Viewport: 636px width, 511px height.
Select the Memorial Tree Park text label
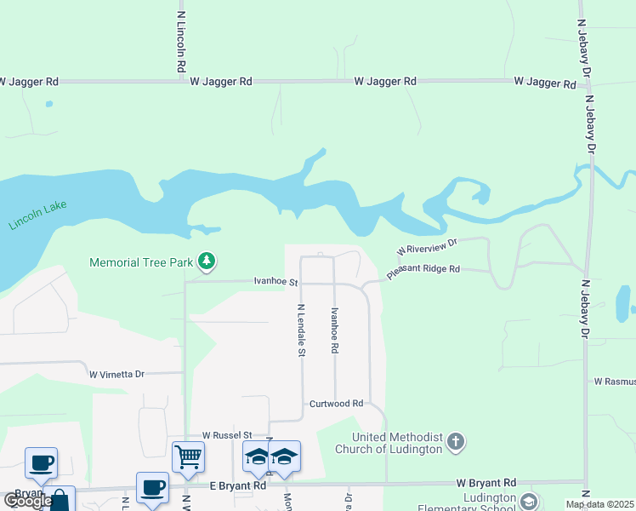point(141,262)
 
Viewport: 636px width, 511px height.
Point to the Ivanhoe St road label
point(275,281)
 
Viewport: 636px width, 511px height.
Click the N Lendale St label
point(301,330)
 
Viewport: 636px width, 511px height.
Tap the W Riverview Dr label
point(427,247)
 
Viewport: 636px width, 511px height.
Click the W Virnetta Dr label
point(117,373)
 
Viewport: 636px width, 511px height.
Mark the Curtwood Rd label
point(336,404)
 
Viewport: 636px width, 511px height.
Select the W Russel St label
point(221,434)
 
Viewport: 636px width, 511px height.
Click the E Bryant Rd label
point(238,485)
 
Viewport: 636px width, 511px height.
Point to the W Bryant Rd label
point(486,482)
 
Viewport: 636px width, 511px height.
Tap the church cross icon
point(457,441)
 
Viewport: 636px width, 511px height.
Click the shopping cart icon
point(188,456)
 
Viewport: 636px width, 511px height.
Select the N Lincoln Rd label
point(181,41)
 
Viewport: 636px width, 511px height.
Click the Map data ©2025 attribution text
point(599,504)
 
